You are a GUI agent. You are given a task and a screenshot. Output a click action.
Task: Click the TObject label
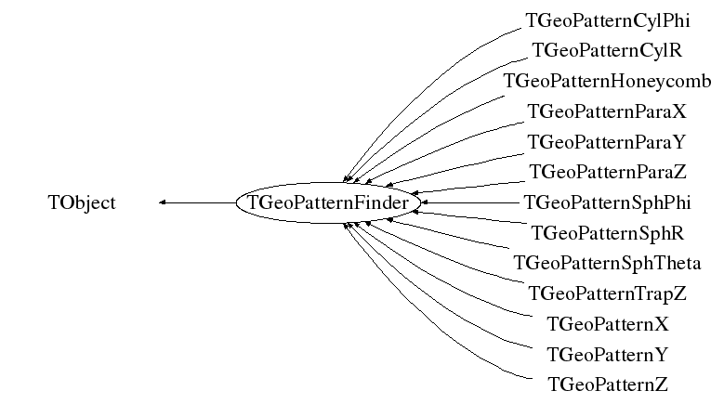pos(82,202)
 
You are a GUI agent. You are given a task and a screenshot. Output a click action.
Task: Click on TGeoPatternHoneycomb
pos(607,81)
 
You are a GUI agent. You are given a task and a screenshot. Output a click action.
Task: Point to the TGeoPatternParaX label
pos(607,111)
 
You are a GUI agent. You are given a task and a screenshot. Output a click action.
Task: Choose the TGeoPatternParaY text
pos(607,142)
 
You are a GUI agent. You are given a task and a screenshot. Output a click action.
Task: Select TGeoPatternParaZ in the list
pos(607,172)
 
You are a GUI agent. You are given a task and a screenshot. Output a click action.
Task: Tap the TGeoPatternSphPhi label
pos(607,202)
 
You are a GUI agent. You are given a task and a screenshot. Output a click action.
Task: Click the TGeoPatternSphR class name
pos(607,232)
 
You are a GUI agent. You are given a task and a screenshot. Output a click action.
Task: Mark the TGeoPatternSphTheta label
pos(607,263)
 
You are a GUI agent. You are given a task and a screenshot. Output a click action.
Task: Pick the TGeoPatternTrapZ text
pos(607,293)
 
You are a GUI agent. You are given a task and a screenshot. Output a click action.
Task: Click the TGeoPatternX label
pos(607,324)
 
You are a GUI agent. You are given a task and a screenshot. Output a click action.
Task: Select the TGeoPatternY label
pos(607,354)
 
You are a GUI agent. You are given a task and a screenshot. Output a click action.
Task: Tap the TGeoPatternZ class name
pos(607,384)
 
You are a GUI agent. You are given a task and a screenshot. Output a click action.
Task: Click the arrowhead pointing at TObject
pos(164,202)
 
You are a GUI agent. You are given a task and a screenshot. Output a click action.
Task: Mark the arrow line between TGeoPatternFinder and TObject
pos(200,202)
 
